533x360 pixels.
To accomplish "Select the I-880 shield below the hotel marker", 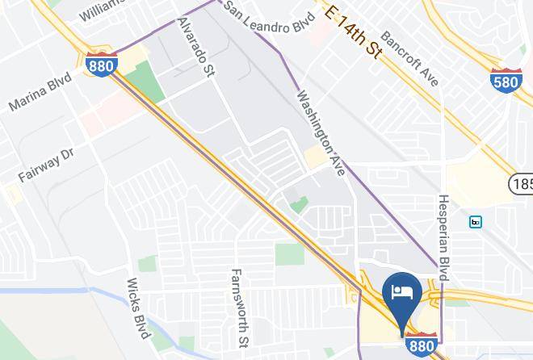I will (x=421, y=343).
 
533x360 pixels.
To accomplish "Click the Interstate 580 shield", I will (x=505, y=79).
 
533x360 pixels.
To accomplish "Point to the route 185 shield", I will (x=522, y=184).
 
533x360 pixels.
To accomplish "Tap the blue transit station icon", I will (x=476, y=221).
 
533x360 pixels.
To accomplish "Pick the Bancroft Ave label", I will (x=409, y=59).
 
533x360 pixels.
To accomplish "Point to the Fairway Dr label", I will (x=46, y=164).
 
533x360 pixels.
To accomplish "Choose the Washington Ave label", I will (x=321, y=133).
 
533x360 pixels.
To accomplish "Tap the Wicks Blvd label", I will (x=138, y=308).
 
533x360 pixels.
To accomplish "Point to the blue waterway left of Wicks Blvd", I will (x=48, y=290).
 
